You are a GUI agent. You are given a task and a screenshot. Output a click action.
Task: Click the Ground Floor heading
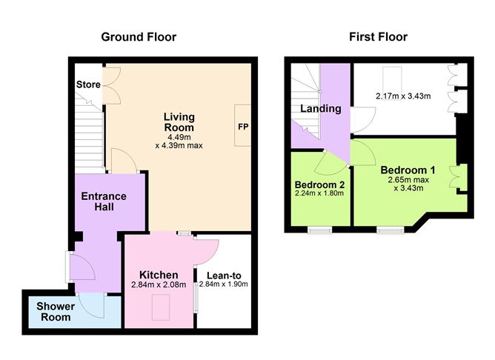click(139, 36)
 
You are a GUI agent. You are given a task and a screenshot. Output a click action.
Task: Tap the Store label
click(88, 85)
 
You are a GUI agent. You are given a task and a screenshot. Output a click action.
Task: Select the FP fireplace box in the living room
click(242, 127)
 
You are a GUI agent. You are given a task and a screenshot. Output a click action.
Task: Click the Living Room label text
click(179, 121)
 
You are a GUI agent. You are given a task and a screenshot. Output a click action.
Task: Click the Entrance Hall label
click(104, 201)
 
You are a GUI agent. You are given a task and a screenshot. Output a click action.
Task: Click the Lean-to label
click(225, 275)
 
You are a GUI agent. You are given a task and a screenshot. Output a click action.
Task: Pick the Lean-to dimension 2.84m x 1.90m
click(223, 284)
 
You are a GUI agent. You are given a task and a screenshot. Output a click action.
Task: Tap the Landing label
click(320, 109)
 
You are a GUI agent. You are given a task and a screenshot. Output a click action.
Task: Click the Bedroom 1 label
click(408, 170)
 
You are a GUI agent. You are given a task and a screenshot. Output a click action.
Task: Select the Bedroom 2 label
click(319, 184)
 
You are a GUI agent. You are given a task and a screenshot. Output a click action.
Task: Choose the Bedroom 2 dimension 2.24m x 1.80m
click(319, 194)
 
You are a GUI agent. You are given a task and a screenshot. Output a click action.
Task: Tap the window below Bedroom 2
click(320, 230)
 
